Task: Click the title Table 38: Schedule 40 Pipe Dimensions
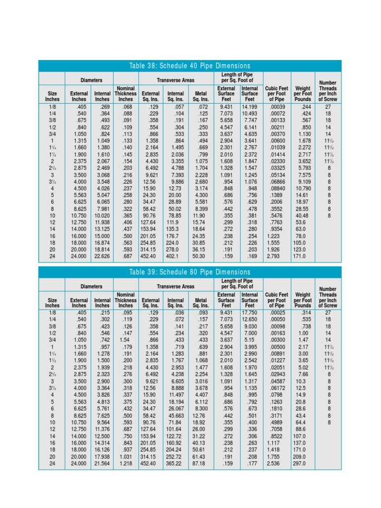pyautogui.click(x=190, y=66)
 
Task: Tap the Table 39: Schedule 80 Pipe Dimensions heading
pyautogui.click(x=190, y=272)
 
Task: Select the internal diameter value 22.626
pyautogui.click(x=103, y=256)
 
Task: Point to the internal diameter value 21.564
pyautogui.click(x=103, y=463)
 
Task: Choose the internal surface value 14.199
pyautogui.click(x=249, y=106)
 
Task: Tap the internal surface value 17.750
pyautogui.click(x=249, y=313)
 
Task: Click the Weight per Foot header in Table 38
pyautogui.click(x=303, y=93)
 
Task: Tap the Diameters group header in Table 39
pyautogui.click(x=91, y=286)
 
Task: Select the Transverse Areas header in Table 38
pyautogui.click(x=176, y=79)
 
